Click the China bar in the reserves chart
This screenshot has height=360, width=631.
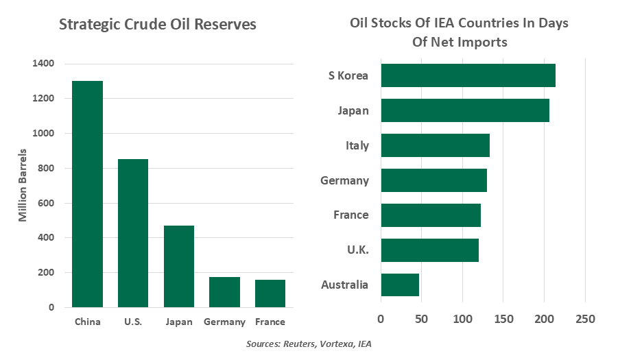[x=87, y=194]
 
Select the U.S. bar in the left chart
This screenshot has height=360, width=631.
[x=133, y=233]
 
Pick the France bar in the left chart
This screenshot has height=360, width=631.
[x=270, y=293]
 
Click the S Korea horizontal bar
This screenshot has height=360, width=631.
[x=468, y=75]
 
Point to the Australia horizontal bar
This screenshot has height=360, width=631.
[x=400, y=285]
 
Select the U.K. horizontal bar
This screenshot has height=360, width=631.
[x=429, y=250]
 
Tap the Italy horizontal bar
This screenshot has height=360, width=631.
[x=435, y=145]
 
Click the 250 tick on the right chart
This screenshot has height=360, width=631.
[x=585, y=320]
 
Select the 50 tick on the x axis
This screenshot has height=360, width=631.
[x=421, y=320]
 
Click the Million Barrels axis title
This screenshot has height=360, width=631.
[x=23, y=185]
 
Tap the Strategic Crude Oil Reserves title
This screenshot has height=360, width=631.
[x=158, y=25]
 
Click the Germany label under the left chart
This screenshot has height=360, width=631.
[x=224, y=322]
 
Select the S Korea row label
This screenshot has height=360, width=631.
[x=348, y=75]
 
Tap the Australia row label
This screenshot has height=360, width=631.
[x=344, y=285]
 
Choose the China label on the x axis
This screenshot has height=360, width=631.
[x=87, y=322]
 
